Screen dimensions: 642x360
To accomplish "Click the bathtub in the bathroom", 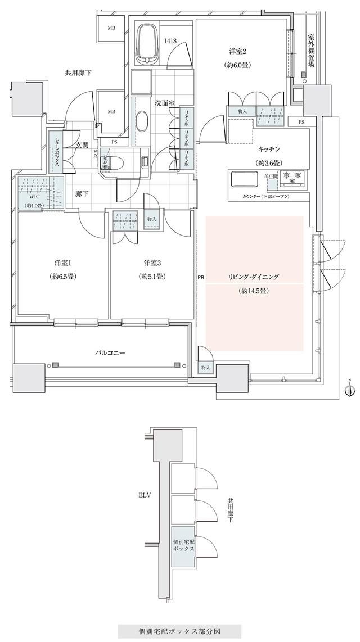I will [150, 44].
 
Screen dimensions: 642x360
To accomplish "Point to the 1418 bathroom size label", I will [172, 40].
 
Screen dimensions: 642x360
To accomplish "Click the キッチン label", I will [269, 150].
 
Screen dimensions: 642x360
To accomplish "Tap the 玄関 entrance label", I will [82, 146].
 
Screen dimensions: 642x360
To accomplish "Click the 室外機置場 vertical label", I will [310, 51].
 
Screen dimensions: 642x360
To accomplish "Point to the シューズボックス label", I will [56, 151].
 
